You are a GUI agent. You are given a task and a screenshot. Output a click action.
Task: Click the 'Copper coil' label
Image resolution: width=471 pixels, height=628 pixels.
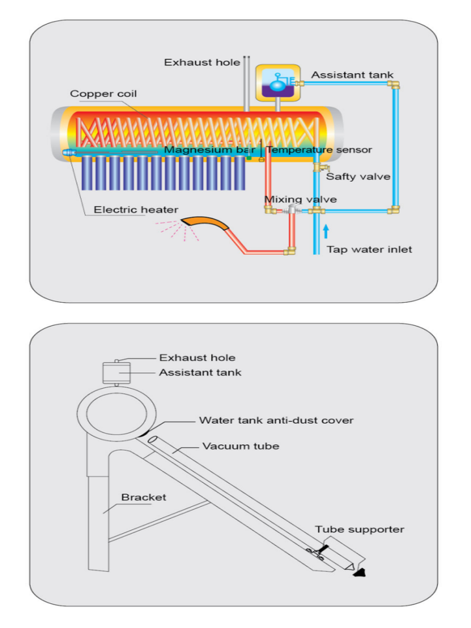coord(99,94)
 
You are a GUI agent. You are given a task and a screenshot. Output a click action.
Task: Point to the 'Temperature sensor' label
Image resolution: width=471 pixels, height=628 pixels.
coord(319,150)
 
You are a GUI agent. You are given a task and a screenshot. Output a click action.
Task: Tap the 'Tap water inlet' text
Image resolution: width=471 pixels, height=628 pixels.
coord(369,249)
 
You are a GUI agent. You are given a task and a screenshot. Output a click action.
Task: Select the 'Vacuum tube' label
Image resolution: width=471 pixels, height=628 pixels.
coord(240,446)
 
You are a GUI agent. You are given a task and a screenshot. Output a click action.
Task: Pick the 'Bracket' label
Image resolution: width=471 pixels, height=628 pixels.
coord(144,497)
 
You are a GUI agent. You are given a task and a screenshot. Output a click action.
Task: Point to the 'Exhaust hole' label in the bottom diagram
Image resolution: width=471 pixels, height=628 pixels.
coord(197,358)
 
